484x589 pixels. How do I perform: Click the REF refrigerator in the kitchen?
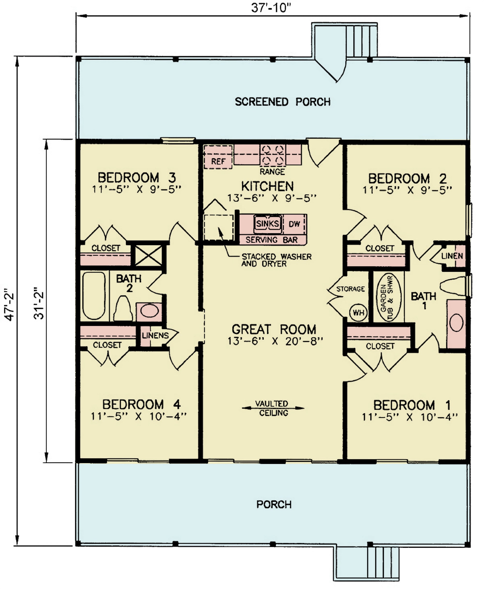click(x=218, y=157)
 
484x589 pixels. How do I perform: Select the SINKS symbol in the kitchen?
click(x=267, y=224)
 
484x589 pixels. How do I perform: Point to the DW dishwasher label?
click(x=294, y=224)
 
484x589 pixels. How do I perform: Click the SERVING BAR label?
click(x=272, y=240)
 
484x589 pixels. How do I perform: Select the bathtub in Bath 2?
click(x=94, y=295)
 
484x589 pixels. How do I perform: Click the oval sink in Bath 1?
click(x=456, y=323)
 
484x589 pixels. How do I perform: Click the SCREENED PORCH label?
click(x=283, y=102)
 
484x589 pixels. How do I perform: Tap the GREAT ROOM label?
click(x=274, y=329)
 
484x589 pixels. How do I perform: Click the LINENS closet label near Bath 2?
click(x=155, y=335)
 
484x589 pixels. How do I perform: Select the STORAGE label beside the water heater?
click(x=350, y=289)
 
